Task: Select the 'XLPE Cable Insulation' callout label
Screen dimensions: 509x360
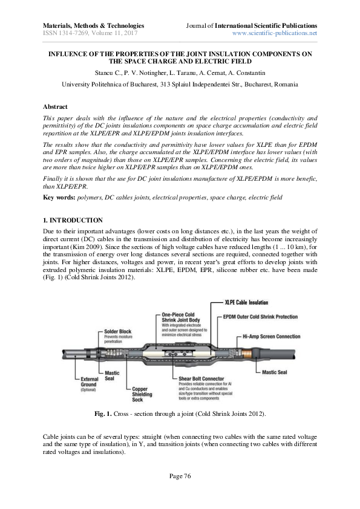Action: pyautogui.click(x=247, y=302)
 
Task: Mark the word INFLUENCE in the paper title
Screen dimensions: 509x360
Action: pyautogui.click(x=68, y=54)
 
